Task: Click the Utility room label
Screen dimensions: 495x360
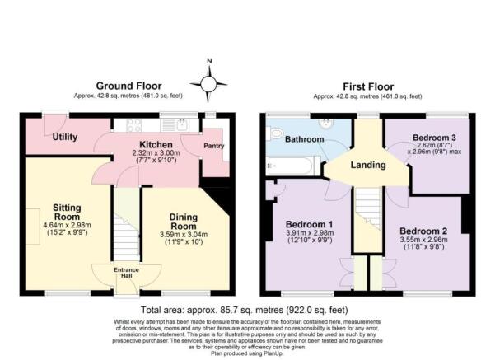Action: pos(65,137)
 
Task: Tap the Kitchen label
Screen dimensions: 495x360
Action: pos(156,145)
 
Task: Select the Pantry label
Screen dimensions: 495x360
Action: pos(213,146)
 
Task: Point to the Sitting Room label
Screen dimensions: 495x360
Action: pos(67,213)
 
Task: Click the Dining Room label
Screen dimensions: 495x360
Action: pos(184,222)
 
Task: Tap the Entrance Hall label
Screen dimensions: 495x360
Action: pos(126,273)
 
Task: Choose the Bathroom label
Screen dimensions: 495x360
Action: pos(304,139)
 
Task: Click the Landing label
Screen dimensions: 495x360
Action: pos(368,165)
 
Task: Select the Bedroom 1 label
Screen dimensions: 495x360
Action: pos(309,224)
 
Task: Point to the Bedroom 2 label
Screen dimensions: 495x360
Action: pos(423,231)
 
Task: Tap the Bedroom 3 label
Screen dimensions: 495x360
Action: pos(434,138)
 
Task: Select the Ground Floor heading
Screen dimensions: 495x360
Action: pos(128,86)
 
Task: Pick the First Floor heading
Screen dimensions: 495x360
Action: pos(368,86)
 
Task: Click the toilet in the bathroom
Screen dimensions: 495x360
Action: pos(273,133)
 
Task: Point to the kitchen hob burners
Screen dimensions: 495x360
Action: pos(134,125)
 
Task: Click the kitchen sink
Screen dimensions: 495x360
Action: pos(182,125)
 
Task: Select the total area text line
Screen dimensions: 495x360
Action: pos(245,310)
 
